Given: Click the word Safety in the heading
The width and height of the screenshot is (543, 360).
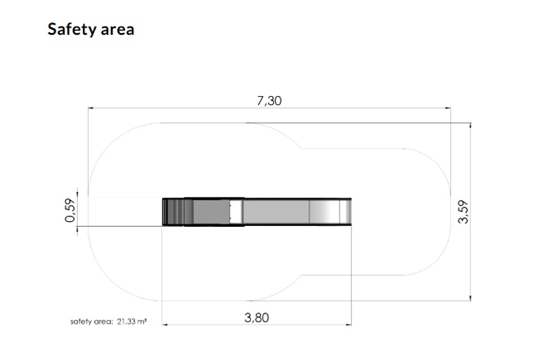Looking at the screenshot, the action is click(x=72, y=29).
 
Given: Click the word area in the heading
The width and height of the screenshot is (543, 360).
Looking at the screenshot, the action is click(x=117, y=30).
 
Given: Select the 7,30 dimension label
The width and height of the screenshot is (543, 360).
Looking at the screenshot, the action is click(x=269, y=101).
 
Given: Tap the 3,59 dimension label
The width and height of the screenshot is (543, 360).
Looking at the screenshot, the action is click(x=463, y=212).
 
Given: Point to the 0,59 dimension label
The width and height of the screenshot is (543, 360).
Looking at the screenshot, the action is click(x=70, y=211).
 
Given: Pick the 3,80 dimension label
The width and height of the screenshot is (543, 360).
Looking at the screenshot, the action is click(x=257, y=318).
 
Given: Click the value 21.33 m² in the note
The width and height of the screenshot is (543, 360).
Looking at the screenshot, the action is click(x=132, y=321).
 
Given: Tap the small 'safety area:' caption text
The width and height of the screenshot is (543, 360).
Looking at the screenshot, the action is click(x=92, y=321).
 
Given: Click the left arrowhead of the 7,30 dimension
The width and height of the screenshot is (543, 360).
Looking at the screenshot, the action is click(x=91, y=108).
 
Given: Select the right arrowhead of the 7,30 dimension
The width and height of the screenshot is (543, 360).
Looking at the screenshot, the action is click(x=448, y=108).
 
